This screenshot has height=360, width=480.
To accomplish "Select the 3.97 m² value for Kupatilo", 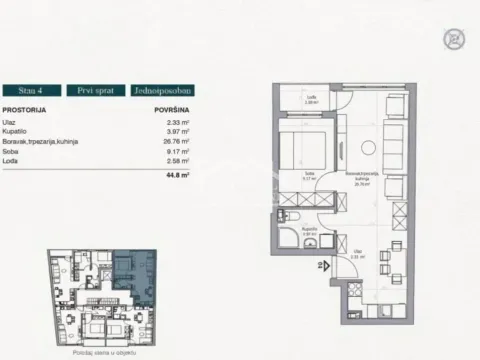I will point(177,131).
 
